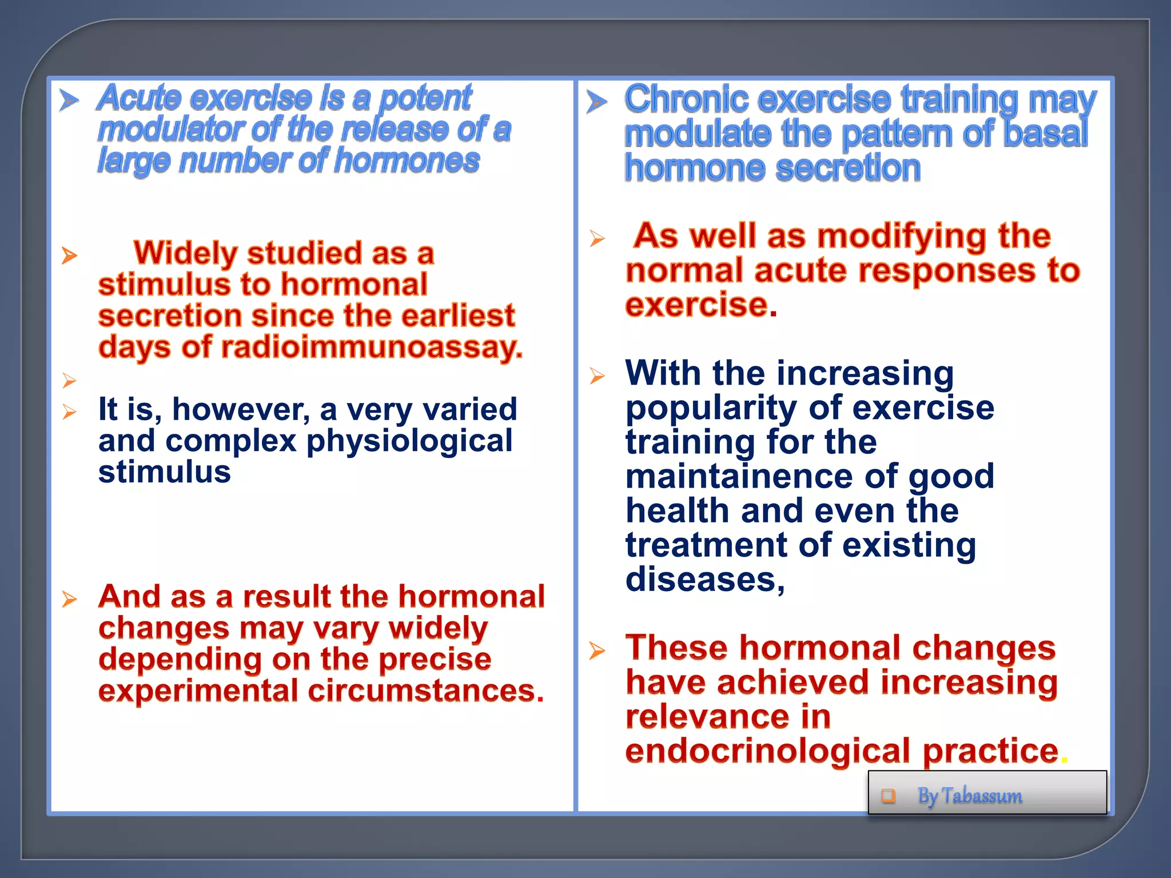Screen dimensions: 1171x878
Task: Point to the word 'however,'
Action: tap(241, 410)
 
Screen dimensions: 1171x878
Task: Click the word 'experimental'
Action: tap(198, 692)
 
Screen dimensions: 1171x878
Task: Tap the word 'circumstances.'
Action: tap(426, 691)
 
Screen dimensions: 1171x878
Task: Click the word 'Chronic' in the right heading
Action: tap(686, 99)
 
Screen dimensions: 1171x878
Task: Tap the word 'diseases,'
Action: tap(705, 580)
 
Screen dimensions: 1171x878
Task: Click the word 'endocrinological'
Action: tap(768, 751)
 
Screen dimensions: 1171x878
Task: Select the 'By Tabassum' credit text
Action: tap(970, 796)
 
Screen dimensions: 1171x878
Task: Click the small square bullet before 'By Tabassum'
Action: tap(888, 795)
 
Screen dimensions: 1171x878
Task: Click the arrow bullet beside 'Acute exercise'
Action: tap(69, 101)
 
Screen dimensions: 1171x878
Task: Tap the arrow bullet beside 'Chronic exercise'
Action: tap(597, 102)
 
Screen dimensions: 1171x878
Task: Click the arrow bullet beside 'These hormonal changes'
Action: tap(597, 650)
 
